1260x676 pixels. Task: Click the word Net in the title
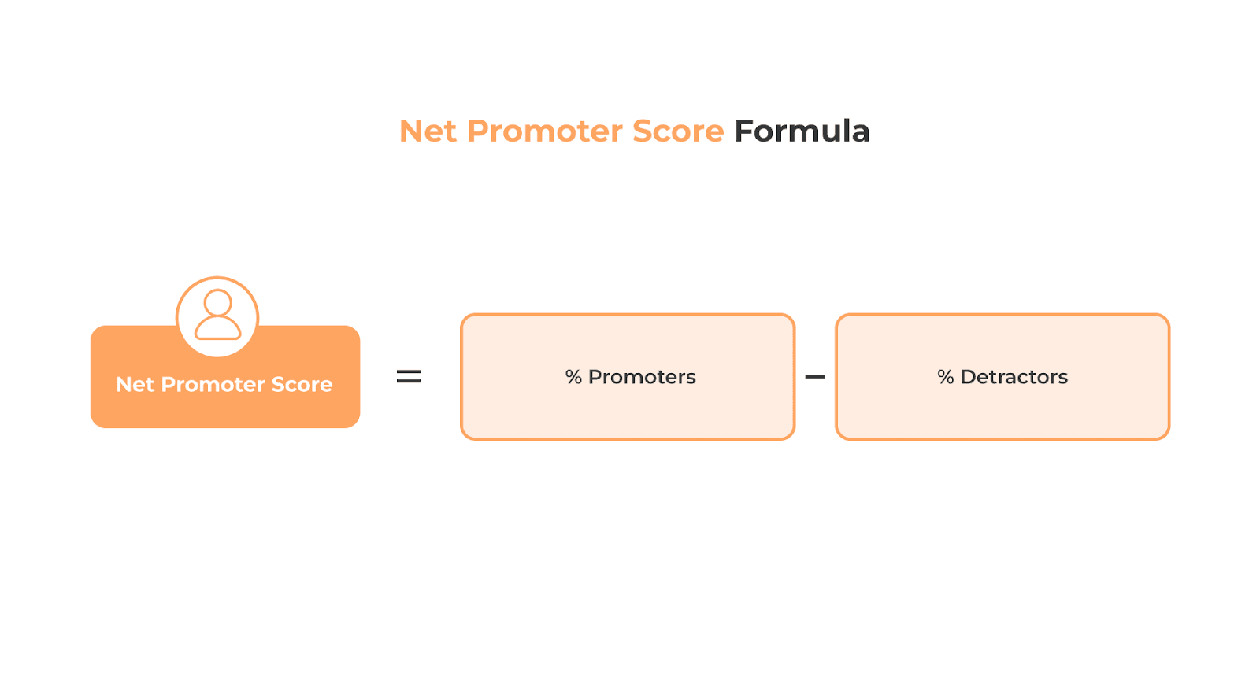(x=428, y=131)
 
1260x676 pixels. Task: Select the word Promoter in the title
(x=546, y=131)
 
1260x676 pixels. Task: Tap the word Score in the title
(x=678, y=131)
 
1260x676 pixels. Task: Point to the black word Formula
(x=802, y=131)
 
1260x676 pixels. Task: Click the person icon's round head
(x=218, y=303)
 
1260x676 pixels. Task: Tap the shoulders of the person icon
(x=218, y=328)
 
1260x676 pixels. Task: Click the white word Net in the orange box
(x=135, y=385)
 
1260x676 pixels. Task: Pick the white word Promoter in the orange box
(x=213, y=385)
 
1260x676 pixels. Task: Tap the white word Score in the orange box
(x=302, y=385)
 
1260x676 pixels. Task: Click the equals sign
(x=409, y=377)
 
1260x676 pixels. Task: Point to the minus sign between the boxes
(x=815, y=377)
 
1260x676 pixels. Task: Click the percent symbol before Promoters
(x=573, y=378)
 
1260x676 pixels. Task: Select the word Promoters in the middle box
(x=642, y=378)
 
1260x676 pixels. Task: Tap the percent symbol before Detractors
(x=945, y=378)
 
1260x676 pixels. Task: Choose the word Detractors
(x=1014, y=378)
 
